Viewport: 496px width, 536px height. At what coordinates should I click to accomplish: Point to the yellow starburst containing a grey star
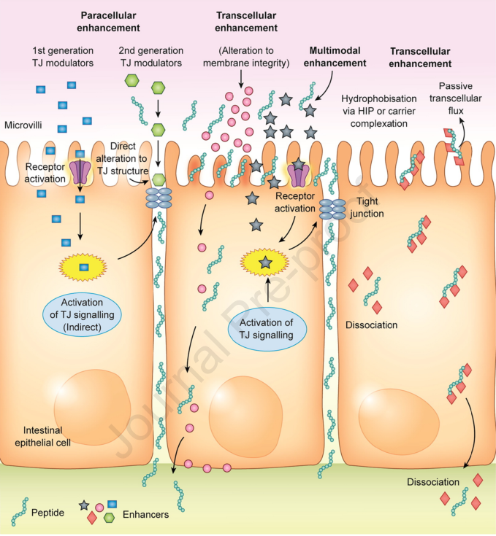point(264,261)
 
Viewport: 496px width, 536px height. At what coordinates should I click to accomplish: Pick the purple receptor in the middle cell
point(299,174)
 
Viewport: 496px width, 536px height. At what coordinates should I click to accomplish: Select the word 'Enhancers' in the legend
point(145,514)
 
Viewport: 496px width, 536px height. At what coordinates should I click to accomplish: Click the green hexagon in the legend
point(110,517)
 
